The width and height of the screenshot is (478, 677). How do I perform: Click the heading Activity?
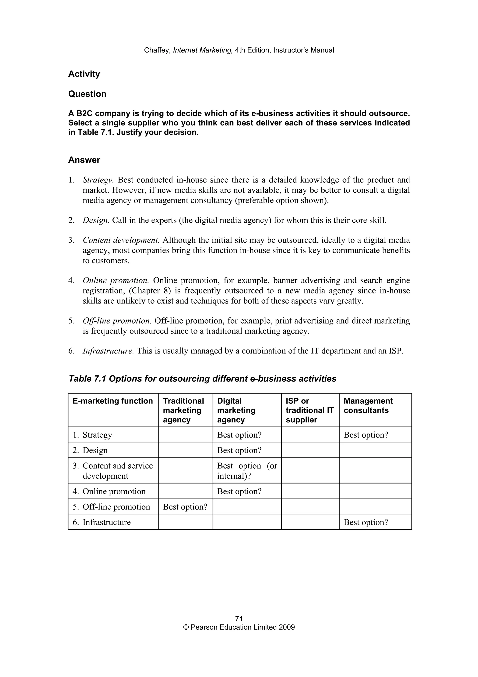[84, 74]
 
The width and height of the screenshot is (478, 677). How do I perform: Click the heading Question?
[87, 94]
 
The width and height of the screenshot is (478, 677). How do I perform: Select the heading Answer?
[84, 160]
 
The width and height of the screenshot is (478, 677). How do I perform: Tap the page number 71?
[239, 619]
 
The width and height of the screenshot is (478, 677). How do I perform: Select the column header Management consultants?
[368, 406]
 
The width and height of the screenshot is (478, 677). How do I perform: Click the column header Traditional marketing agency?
[183, 410]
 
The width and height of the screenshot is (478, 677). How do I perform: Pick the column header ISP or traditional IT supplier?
[309, 410]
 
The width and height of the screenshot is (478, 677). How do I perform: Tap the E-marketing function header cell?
[112, 401]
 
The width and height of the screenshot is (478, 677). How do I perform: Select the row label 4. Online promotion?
[109, 491]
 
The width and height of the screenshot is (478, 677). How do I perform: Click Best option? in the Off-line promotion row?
[185, 507]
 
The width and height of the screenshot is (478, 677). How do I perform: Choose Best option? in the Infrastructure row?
[366, 522]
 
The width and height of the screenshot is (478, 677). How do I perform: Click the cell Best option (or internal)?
[247, 470]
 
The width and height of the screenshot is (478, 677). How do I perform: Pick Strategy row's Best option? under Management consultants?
[366, 435]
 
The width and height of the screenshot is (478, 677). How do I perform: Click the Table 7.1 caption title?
[202, 379]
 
